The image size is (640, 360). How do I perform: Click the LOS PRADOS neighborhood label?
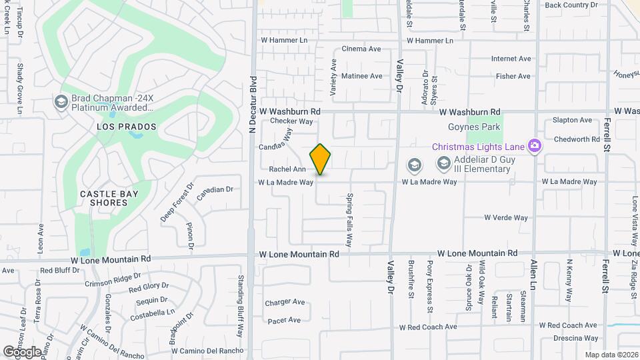pyautogui.click(x=126, y=127)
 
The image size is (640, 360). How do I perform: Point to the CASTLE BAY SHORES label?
pyautogui.click(x=103, y=198)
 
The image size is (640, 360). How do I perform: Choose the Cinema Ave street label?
pyautogui.click(x=361, y=49)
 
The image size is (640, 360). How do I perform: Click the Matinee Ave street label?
pyautogui.click(x=361, y=76)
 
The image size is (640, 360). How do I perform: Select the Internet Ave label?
pyautogui.click(x=511, y=59)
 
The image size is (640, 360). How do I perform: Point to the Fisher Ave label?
pyautogui.click(x=513, y=77)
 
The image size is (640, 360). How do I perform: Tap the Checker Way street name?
pyautogui.click(x=292, y=121)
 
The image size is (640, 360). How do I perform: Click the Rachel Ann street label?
pyautogui.click(x=287, y=169)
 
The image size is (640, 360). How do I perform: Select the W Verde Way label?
pyautogui.click(x=506, y=217)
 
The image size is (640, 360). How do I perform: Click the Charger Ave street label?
pyautogui.click(x=285, y=302)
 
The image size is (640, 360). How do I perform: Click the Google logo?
pyautogui.click(x=22, y=351)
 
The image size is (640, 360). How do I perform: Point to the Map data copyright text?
pyautogui.click(x=612, y=355)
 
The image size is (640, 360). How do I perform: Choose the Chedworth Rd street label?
pyautogui.click(x=577, y=139)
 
